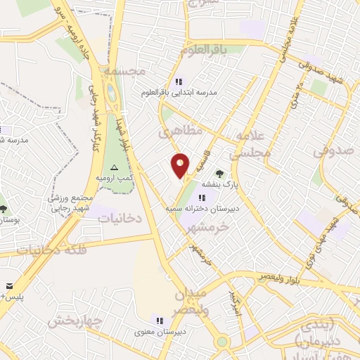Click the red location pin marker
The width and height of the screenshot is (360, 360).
[x=181, y=165]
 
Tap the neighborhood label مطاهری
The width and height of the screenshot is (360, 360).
[x=180, y=131]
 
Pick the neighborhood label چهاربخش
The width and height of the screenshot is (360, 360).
[x=75, y=321]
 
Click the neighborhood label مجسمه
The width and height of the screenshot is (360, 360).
[x=124, y=71]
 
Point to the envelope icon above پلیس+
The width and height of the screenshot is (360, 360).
[x=10, y=286]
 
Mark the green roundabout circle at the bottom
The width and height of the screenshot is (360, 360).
[x=223, y=342]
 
